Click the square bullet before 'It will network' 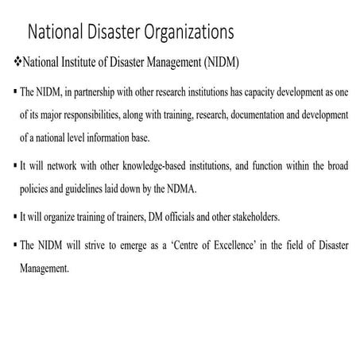[x=17, y=166]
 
